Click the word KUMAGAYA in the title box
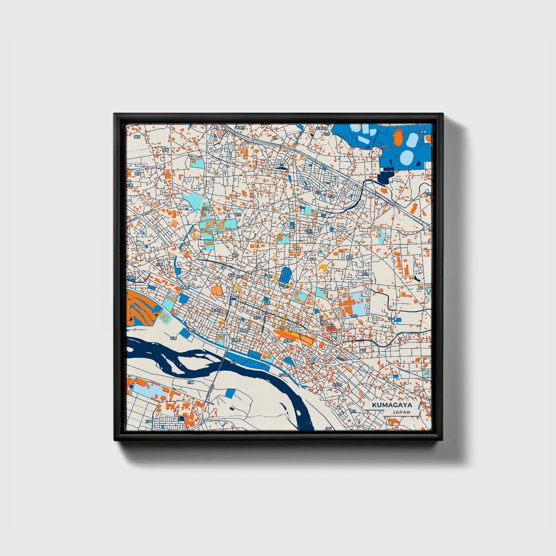click(x=392, y=405)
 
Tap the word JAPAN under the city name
click(x=401, y=412)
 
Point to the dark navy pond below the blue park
click(x=384, y=177)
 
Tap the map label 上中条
click(x=422, y=132)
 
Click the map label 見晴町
click(x=190, y=330)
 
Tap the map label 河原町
click(x=235, y=341)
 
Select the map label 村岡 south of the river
click(x=190, y=383)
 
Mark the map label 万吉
click(x=149, y=422)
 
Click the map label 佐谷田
click(x=337, y=384)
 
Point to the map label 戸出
click(x=362, y=350)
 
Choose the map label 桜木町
click(x=288, y=341)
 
